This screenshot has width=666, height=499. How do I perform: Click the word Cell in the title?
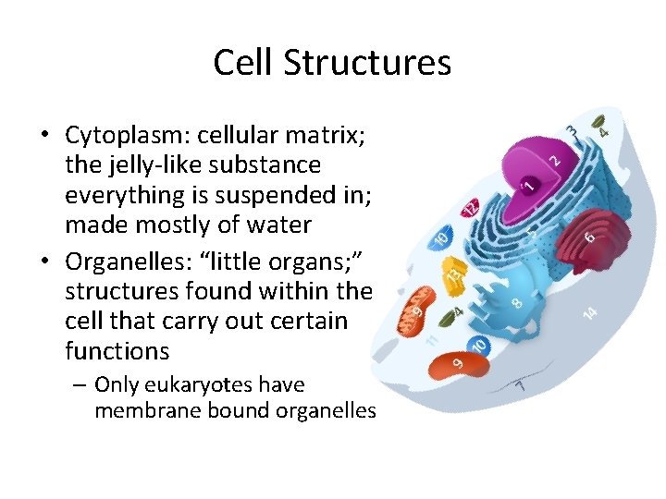click(x=243, y=63)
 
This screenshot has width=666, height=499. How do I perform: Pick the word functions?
click(x=117, y=350)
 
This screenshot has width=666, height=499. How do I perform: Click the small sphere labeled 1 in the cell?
click(x=528, y=184)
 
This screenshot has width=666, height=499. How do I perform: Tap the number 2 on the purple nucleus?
click(x=554, y=159)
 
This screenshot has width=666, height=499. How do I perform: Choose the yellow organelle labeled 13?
click(x=452, y=274)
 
